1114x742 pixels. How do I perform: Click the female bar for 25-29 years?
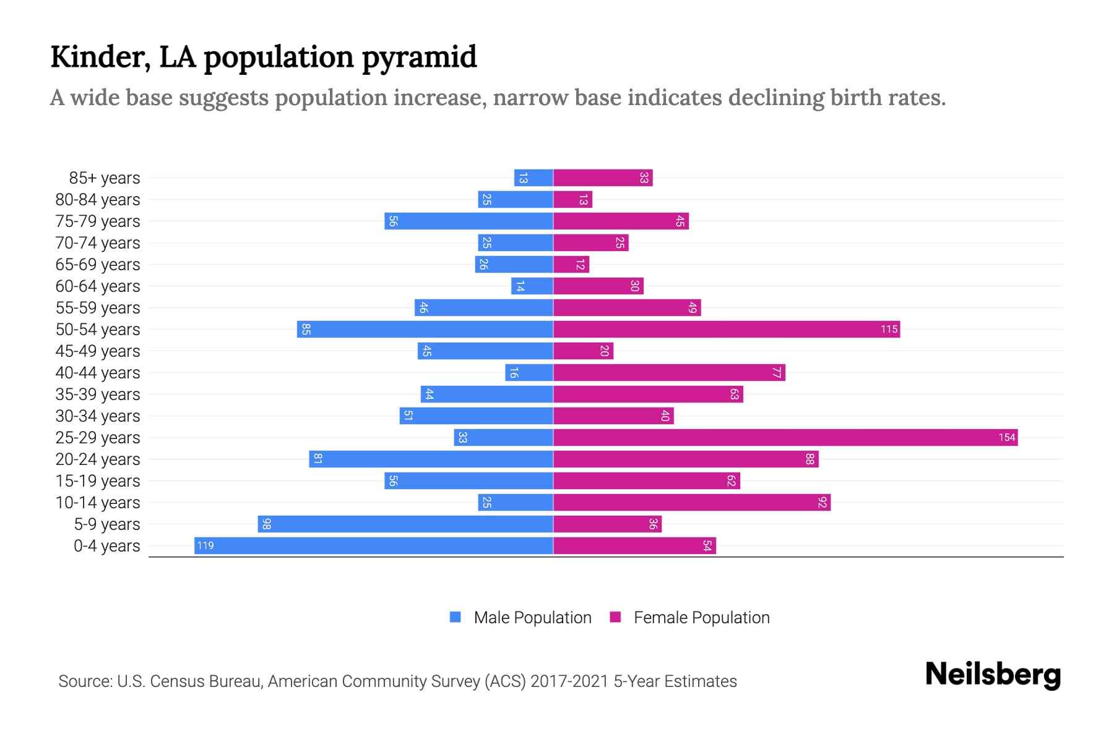click(785, 438)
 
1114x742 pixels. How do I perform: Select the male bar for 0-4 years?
click(373, 546)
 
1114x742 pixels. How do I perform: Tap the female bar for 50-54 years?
click(726, 330)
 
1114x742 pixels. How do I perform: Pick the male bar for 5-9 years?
click(405, 524)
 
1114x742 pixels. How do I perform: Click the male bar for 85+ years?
click(533, 178)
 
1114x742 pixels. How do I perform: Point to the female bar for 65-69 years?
click(571, 265)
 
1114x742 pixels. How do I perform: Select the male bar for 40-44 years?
click(529, 373)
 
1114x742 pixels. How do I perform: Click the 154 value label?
click(1006, 438)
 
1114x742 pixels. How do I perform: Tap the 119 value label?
click(205, 546)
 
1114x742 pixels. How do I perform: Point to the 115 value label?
click(889, 330)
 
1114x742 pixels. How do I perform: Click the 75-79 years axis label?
click(98, 221)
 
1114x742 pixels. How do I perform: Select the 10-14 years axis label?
click(98, 503)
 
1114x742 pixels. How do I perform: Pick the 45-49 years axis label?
click(98, 351)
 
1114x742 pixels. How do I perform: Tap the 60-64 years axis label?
click(98, 286)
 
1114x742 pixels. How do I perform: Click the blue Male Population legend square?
click(456, 617)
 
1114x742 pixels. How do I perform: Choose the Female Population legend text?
click(701, 618)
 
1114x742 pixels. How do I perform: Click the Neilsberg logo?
click(992, 675)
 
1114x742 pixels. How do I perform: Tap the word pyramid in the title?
click(419, 58)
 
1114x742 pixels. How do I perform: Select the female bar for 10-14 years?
click(691, 503)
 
